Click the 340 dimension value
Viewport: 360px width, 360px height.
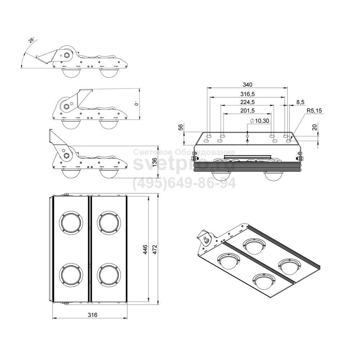247,85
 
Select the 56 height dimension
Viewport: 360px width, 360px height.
181,127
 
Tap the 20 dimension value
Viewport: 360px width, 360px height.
315,127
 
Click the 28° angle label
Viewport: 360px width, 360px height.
32,40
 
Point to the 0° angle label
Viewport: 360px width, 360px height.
136,103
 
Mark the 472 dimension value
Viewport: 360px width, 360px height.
155,249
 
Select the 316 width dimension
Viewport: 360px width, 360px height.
93,315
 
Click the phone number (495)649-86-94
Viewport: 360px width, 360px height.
184,183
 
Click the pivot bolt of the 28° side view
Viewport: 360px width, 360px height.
67,55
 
